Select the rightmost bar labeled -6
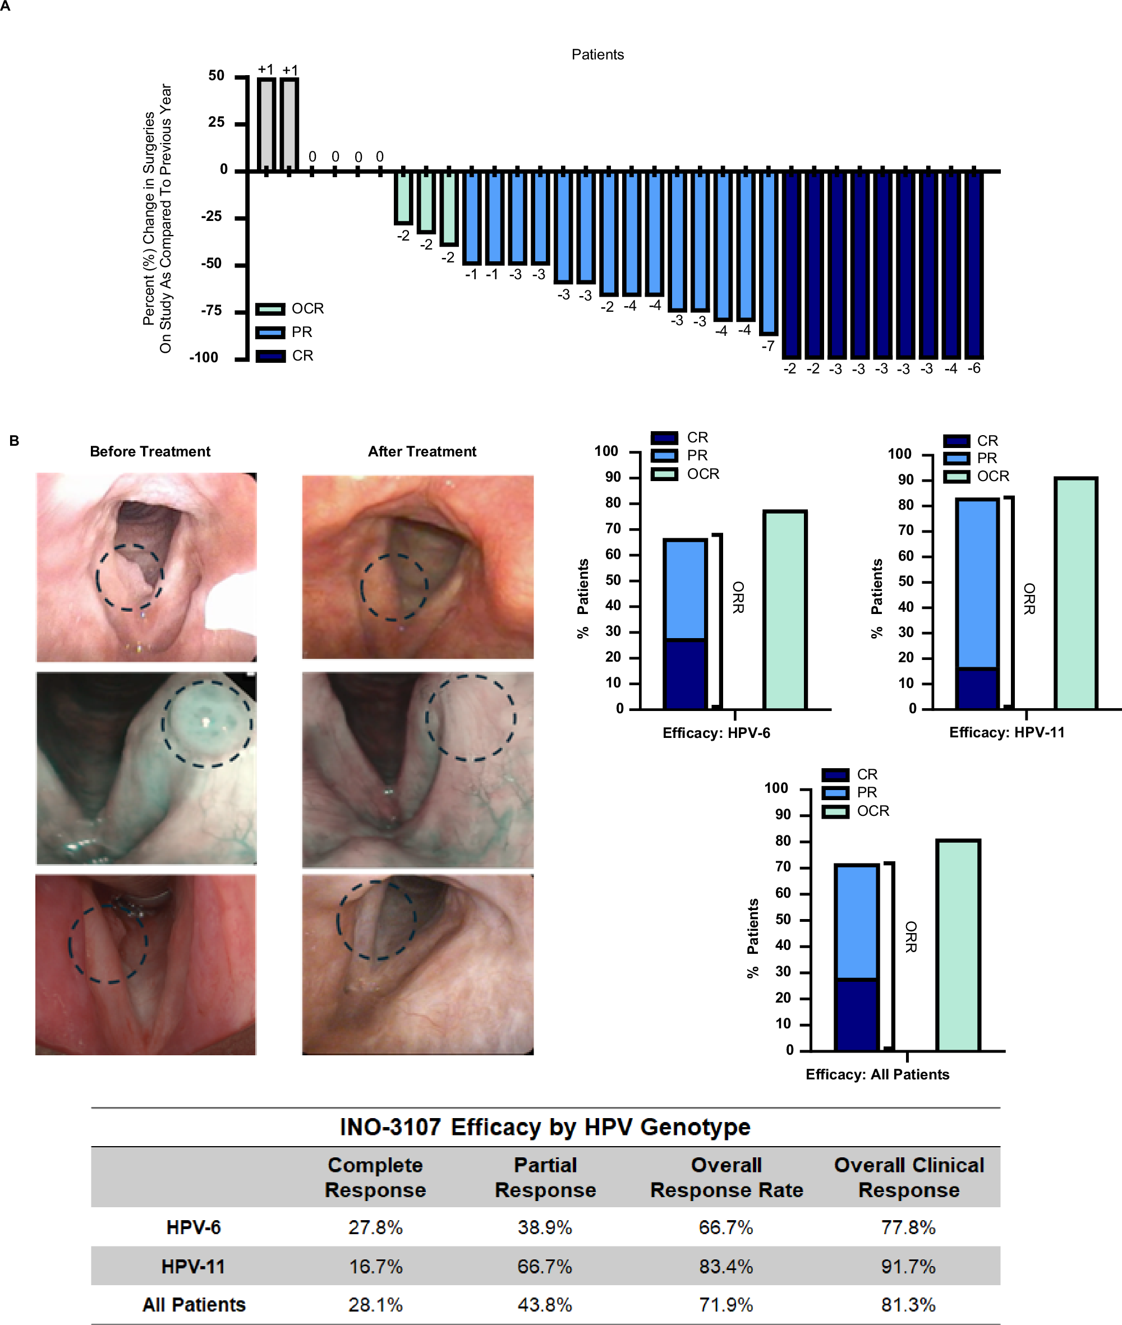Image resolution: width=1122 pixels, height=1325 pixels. tap(974, 264)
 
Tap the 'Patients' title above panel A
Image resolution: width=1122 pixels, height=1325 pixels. tap(597, 55)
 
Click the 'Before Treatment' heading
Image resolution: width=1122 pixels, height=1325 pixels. tap(150, 451)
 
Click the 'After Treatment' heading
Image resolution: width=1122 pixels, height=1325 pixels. tap(422, 451)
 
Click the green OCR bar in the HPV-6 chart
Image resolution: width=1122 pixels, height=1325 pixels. tap(785, 611)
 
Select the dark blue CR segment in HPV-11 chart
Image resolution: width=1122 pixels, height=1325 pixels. tap(977, 689)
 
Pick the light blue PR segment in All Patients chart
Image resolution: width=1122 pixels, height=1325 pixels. tap(856, 922)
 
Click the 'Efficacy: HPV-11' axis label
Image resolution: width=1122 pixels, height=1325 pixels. tap(1006, 732)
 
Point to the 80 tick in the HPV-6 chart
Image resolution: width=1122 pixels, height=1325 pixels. tap(613, 503)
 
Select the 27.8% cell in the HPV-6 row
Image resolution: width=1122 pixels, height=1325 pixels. tap(375, 1227)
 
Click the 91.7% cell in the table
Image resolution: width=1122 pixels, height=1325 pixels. tap(908, 1267)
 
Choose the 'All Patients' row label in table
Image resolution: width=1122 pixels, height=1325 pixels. tap(194, 1305)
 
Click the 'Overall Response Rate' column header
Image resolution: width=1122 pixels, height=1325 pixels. tap(726, 1178)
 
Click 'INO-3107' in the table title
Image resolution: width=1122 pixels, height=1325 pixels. tap(390, 1127)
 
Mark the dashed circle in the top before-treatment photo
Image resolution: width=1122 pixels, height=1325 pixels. tap(130, 578)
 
